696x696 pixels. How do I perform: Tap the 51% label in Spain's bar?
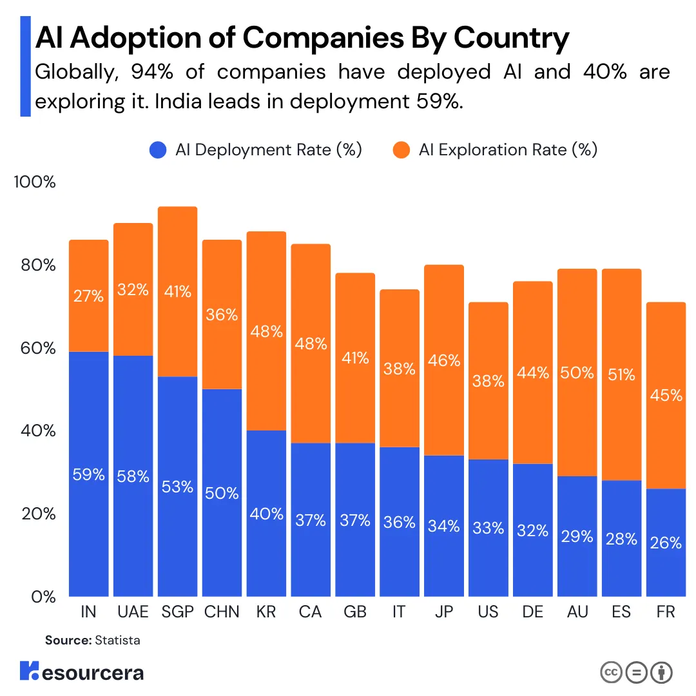621,374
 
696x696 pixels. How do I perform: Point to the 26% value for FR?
666,543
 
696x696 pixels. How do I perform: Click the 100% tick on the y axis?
35,182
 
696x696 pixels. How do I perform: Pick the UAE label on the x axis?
133,612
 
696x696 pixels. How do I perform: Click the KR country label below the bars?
266,612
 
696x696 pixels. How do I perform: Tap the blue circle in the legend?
159,151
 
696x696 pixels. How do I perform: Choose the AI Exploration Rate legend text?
508,150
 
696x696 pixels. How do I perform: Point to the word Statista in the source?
117,641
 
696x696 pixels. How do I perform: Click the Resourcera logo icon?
30,672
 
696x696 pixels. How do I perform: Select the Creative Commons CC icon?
612,672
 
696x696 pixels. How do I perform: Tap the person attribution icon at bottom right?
662,672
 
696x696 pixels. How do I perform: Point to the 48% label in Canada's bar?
311,343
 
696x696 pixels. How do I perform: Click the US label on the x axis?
488,612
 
